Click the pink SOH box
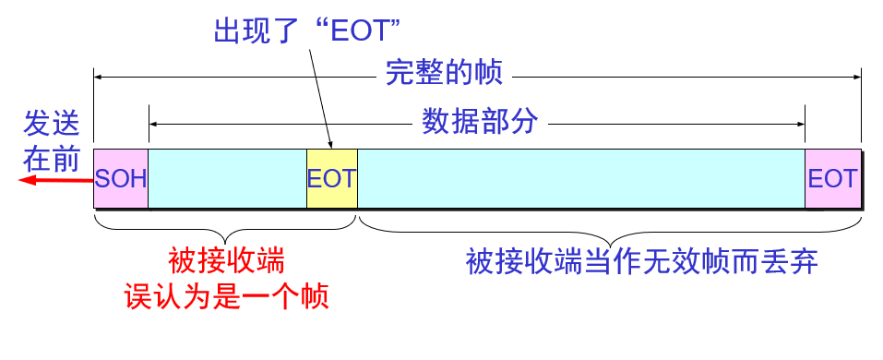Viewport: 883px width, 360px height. click(121, 178)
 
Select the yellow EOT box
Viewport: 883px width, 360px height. click(331, 178)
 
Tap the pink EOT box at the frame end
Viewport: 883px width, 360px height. click(833, 178)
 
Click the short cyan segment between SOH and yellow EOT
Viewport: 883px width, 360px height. click(227, 178)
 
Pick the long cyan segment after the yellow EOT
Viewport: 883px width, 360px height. click(580, 178)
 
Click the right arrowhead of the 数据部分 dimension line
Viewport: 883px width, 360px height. click(799, 122)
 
